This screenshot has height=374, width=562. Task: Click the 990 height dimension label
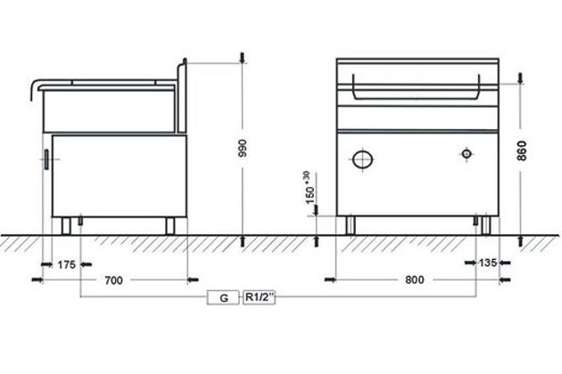point(243,148)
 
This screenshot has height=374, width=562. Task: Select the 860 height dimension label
point(522,150)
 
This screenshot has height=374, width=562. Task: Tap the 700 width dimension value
point(113,280)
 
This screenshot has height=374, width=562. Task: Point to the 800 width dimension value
point(415,280)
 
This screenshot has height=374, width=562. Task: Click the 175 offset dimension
point(67,264)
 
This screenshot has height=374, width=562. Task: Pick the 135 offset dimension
point(488,263)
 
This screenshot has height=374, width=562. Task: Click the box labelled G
point(223,297)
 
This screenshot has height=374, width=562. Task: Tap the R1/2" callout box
point(259,297)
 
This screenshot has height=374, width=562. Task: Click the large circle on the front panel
point(362,159)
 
